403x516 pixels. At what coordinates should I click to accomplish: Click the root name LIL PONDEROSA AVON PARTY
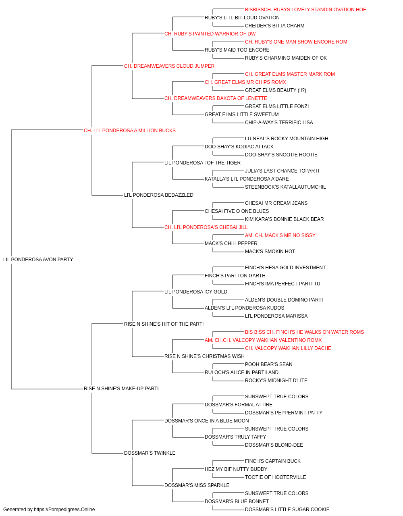[38, 260]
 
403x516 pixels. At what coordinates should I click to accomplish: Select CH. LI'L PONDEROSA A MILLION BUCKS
[130, 131]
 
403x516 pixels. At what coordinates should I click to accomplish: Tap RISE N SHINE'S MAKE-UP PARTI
[121, 389]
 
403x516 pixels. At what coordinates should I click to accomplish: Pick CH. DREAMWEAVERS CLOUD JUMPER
[169, 66]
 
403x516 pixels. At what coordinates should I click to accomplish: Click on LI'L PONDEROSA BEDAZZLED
[158, 195]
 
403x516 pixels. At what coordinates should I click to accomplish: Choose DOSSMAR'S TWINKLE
[150, 453]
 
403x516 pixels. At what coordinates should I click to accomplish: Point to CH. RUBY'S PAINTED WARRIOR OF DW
[210, 34]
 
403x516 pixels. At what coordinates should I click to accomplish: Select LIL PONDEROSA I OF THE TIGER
[202, 162]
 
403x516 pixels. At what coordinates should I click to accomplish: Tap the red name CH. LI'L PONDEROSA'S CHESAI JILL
[206, 227]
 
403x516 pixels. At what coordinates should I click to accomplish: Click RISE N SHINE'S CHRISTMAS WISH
[204, 356]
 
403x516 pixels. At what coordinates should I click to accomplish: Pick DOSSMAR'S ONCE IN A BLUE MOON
[206, 421]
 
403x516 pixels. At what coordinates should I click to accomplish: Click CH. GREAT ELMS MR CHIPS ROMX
[245, 82]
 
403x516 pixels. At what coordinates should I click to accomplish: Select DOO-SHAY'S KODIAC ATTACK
[239, 146]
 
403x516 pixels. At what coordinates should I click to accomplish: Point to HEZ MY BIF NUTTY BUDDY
[236, 469]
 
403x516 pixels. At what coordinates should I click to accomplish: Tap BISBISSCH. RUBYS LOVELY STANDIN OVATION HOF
[305, 10]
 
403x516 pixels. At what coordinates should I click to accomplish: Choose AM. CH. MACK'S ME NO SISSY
[280, 235]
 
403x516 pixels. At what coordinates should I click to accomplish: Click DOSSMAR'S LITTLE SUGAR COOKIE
[287, 510]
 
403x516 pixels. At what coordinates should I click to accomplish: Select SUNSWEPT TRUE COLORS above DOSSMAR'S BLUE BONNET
[276, 493]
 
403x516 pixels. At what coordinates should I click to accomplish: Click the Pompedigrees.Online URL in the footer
[64, 510]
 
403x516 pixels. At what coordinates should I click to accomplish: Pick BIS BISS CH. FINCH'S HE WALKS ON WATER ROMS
[304, 332]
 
